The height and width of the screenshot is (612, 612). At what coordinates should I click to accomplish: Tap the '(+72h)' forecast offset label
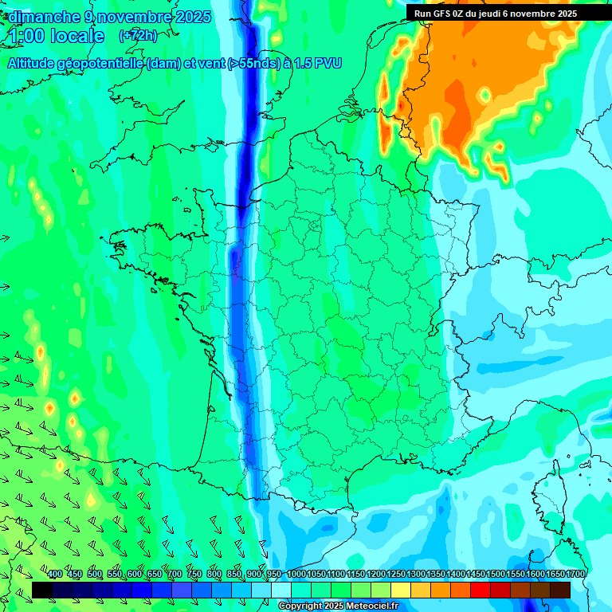click(138, 36)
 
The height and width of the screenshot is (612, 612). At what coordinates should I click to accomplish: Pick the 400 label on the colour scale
click(55, 575)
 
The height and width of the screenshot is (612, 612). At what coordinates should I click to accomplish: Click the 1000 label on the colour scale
click(296, 575)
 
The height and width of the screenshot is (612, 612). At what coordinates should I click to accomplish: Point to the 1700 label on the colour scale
click(575, 575)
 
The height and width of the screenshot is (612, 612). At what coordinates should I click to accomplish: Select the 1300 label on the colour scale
click(416, 575)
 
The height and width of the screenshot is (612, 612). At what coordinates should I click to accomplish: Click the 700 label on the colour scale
click(175, 575)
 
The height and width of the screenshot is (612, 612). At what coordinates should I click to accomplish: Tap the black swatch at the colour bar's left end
click(42, 590)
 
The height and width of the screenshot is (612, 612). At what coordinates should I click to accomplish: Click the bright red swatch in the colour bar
click(481, 590)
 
